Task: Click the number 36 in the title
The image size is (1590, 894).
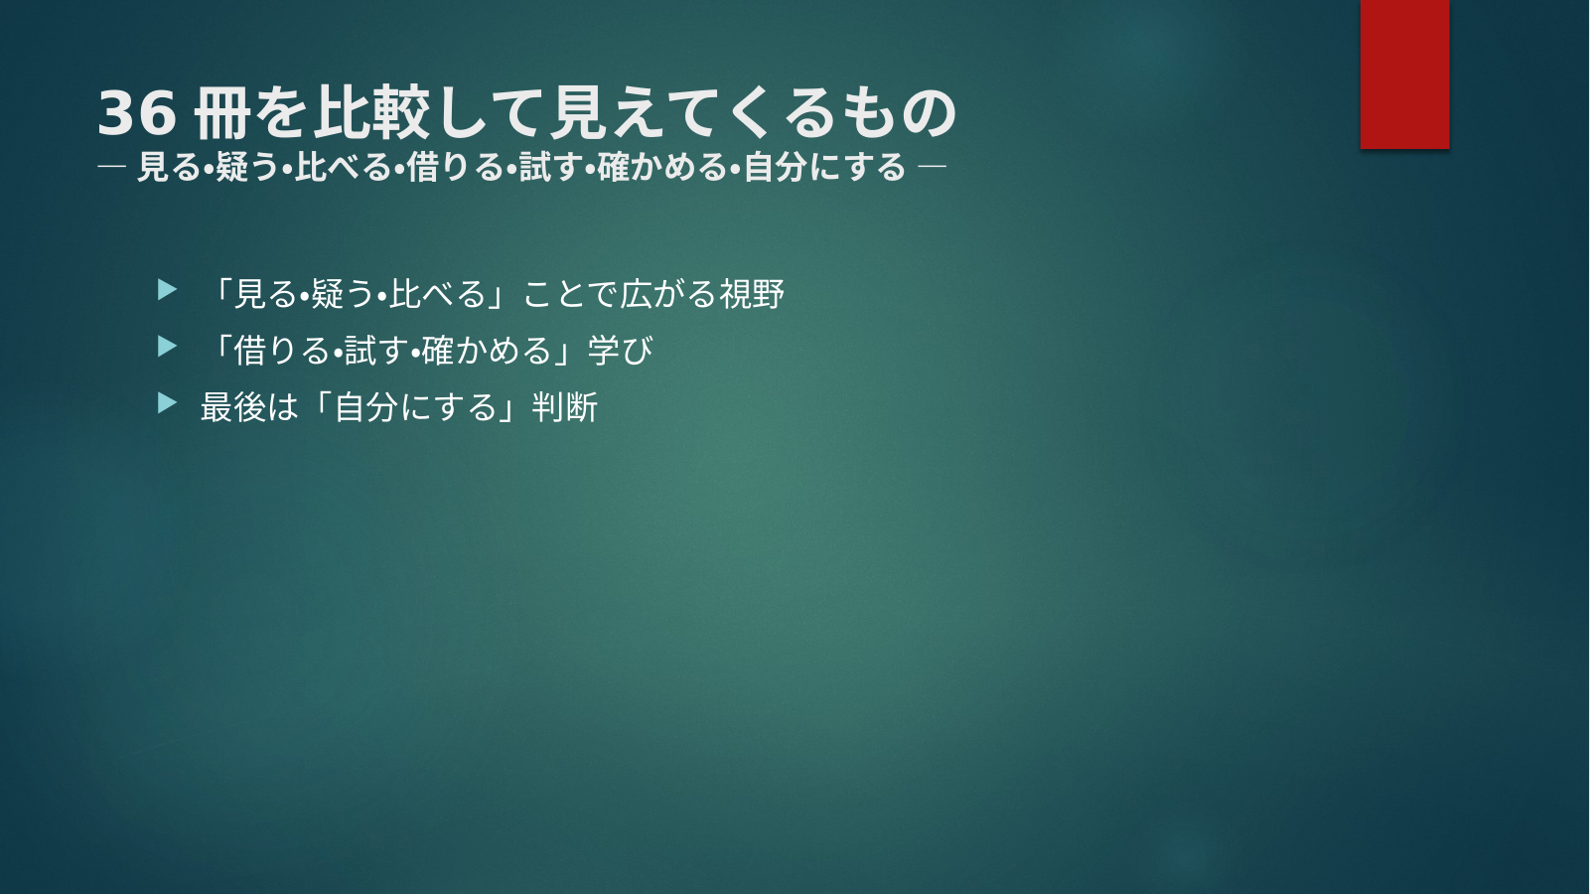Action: click(136, 113)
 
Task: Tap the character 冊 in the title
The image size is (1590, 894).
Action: click(222, 113)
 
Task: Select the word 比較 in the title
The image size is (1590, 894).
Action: click(371, 113)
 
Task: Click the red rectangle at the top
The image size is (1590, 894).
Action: click(1404, 74)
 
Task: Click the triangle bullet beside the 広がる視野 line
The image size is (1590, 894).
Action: click(167, 290)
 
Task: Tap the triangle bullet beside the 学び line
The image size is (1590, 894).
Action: click(167, 347)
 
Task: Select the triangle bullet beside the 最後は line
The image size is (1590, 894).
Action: click(167, 403)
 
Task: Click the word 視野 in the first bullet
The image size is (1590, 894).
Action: click(752, 293)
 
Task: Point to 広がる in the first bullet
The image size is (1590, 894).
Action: click(668, 293)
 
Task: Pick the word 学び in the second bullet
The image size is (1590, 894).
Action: click(621, 350)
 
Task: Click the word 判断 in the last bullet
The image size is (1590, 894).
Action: click(564, 407)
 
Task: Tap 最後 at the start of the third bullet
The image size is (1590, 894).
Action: click(232, 407)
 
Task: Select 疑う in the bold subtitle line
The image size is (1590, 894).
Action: click(247, 168)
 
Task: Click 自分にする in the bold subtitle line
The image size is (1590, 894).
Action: click(825, 168)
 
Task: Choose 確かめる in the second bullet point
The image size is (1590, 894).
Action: click(487, 350)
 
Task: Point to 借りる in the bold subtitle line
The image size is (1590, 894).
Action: click(454, 168)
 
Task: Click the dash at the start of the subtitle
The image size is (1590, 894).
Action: click(111, 168)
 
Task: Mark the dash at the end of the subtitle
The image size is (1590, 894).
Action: click(932, 168)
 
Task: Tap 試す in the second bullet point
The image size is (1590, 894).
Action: click(377, 350)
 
